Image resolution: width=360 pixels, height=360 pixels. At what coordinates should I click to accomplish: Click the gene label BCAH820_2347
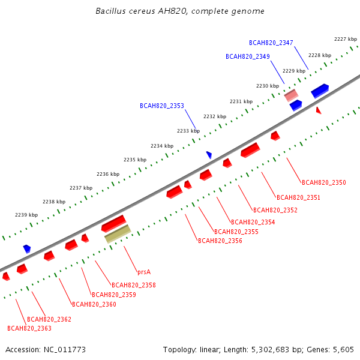(271, 43)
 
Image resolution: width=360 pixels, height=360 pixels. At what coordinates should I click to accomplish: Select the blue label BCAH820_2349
(247, 56)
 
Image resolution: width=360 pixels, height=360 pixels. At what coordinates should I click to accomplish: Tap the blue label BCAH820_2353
(162, 106)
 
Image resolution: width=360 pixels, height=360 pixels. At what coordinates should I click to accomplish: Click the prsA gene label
(144, 272)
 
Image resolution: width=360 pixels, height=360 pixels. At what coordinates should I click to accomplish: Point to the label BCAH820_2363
(29, 328)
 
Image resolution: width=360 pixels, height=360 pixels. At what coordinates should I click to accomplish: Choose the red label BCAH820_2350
(324, 182)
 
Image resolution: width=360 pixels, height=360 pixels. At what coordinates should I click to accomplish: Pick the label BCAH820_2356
(220, 241)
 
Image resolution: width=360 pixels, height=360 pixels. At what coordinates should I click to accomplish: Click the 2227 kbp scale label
(346, 39)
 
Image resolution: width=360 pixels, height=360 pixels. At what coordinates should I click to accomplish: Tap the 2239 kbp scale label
(26, 215)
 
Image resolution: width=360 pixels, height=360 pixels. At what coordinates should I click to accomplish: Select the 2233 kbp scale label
(188, 131)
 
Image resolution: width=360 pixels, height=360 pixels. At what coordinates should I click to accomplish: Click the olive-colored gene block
(118, 234)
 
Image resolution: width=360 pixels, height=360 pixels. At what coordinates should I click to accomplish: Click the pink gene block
(291, 95)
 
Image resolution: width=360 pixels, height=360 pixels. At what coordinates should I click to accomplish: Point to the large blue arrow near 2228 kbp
(320, 91)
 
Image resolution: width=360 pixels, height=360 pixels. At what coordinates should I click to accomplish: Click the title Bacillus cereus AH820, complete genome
(180, 11)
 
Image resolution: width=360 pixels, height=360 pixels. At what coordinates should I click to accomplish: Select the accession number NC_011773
(65, 350)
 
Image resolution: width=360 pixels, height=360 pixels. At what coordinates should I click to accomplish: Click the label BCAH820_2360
(94, 304)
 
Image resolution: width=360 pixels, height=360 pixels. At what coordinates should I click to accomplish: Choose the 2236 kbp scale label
(108, 174)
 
